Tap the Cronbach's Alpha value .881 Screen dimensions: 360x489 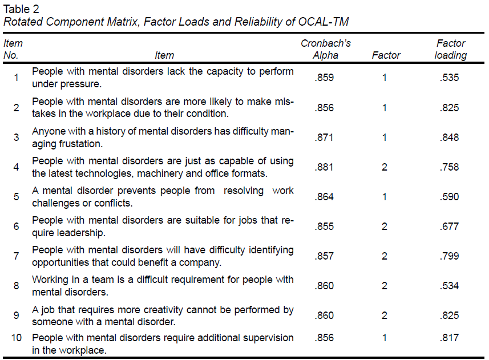(x=324, y=167)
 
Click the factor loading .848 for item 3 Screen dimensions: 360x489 (x=450, y=137)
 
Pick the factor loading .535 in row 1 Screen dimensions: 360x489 (x=450, y=78)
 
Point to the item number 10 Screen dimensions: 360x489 (x=17, y=338)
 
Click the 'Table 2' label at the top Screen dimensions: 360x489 (x=22, y=9)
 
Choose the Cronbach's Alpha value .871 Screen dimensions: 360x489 (x=324, y=137)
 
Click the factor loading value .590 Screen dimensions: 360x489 (x=450, y=197)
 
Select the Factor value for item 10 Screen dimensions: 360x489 (x=385, y=338)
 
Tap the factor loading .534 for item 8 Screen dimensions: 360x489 (x=450, y=286)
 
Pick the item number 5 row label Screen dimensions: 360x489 (x=17, y=197)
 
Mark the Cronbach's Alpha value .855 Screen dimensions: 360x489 (x=324, y=226)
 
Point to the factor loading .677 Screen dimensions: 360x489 (x=450, y=226)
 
